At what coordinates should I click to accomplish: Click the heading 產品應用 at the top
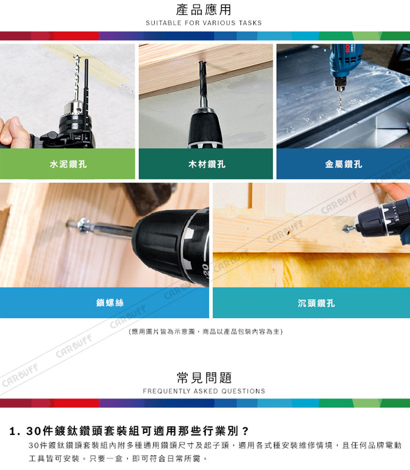pyautogui.click(x=204, y=10)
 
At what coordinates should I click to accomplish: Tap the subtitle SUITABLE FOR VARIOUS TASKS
pyautogui.click(x=204, y=23)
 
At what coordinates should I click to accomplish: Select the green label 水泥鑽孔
pyautogui.click(x=68, y=164)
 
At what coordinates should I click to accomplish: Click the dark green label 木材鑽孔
pyautogui.click(x=207, y=164)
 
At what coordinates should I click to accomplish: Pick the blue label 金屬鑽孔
pyautogui.click(x=343, y=164)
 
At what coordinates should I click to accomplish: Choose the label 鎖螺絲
pyautogui.click(x=110, y=303)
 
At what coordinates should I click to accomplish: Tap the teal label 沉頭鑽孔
pyautogui.click(x=316, y=303)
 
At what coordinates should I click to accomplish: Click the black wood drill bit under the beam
pyautogui.click(x=203, y=83)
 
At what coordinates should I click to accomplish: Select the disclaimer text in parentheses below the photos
pyautogui.click(x=206, y=332)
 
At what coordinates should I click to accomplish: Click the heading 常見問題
pyautogui.click(x=204, y=378)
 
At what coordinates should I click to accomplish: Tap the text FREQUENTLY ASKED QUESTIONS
pyautogui.click(x=204, y=391)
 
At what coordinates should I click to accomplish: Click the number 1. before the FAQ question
pyautogui.click(x=15, y=431)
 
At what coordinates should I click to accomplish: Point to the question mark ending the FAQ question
pyautogui.click(x=245, y=431)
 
